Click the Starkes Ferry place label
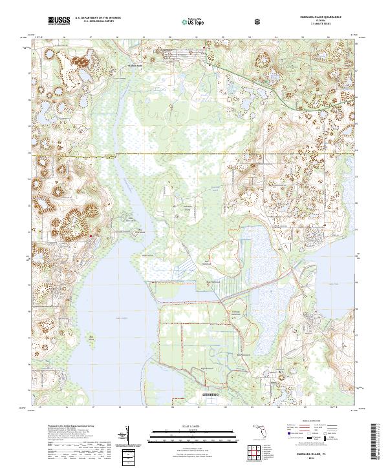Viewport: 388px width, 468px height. click(135, 65)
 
